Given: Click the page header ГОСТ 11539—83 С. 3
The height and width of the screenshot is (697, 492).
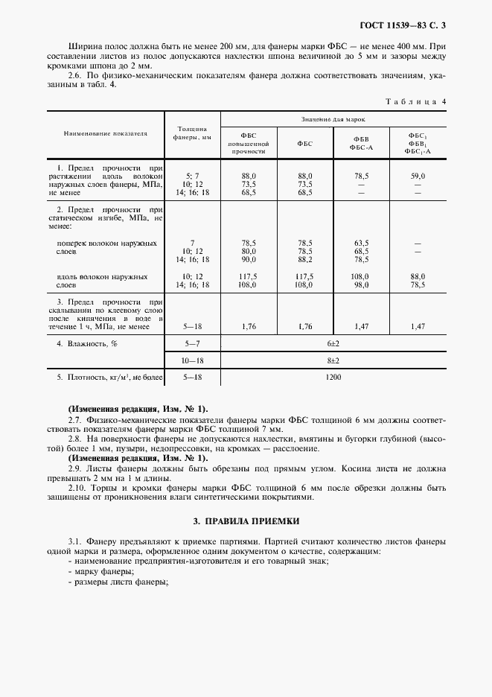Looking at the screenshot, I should (x=407, y=27).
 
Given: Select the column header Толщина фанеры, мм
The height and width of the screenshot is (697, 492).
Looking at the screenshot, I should (x=192, y=133).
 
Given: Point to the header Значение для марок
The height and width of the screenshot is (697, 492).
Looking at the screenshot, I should (x=333, y=119).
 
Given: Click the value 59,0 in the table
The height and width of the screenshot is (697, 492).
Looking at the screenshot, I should (x=417, y=175).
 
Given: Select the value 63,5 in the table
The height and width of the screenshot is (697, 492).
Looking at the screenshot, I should (x=361, y=243).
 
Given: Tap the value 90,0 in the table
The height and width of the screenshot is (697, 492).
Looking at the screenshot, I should (x=249, y=259).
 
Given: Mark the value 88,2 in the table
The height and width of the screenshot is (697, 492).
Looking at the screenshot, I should (x=304, y=259).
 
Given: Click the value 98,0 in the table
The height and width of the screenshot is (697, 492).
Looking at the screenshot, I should (x=361, y=284).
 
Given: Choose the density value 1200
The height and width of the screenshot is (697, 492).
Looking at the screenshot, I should (x=333, y=378).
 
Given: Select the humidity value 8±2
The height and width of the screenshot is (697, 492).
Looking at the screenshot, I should (x=333, y=360).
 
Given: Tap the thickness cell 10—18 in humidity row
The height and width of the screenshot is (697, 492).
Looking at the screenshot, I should (x=192, y=360).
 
